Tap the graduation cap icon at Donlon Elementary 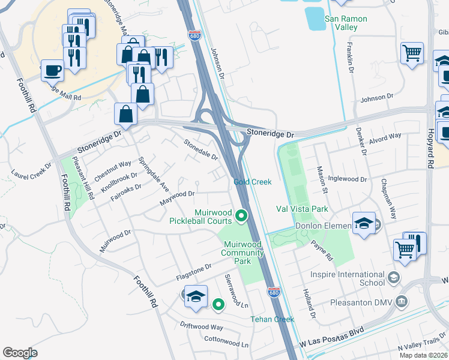click(x=364, y=224)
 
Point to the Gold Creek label click(x=252, y=182)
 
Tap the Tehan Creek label click(x=272, y=319)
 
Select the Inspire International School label click(x=348, y=278)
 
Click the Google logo click(x=20, y=353)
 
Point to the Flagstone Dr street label click(x=194, y=272)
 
